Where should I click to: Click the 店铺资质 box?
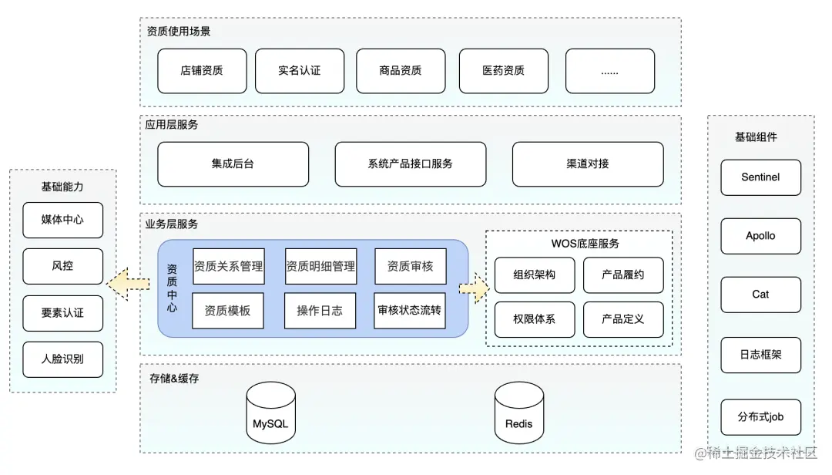[202, 71]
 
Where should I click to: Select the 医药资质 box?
[504, 71]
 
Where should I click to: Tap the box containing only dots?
[609, 71]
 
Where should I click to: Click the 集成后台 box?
[233, 164]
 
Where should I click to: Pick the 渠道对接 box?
[587, 164]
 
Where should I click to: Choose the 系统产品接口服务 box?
[410, 164]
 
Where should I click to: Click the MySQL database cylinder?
[270, 417]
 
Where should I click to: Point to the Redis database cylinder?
[518, 417]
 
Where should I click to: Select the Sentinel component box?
[760, 177]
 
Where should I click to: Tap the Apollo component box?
[760, 236]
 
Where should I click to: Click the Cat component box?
[760, 295]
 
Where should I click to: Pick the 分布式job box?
[760, 417]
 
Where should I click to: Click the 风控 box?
[62, 266]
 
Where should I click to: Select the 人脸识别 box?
[62, 359]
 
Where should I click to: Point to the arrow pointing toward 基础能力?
[128, 285]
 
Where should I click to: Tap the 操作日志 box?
[320, 311]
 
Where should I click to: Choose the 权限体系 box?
[534, 319]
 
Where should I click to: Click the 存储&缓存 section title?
[174, 379]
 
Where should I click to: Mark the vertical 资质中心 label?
[172, 288]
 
